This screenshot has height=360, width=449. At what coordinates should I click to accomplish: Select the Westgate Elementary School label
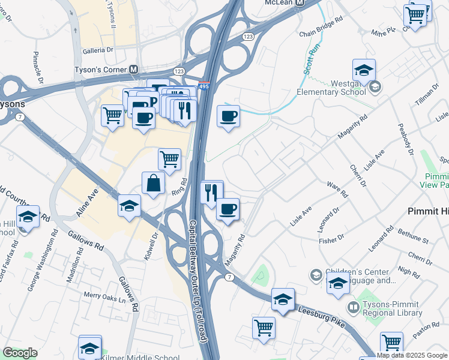pos(331,88)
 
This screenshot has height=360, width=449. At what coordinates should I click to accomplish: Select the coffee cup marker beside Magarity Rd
pos(228,209)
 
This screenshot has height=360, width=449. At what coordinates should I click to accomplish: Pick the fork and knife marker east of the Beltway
pos(211,193)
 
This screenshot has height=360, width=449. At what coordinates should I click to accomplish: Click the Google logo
pos(20,353)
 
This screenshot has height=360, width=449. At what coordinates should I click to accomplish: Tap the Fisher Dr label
pos(331,239)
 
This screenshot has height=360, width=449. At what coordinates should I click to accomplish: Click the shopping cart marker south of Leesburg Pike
pos(264,328)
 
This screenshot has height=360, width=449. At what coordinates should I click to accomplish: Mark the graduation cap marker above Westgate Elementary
pos(364,70)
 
